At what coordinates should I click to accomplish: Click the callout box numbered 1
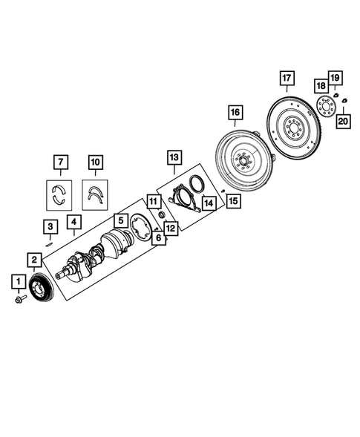[x=16, y=281]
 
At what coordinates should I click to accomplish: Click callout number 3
[x=50, y=226]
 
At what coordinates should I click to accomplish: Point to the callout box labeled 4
[x=73, y=221]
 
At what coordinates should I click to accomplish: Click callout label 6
[x=157, y=237]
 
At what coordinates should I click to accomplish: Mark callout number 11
[x=152, y=201]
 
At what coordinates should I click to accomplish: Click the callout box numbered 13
[x=172, y=157]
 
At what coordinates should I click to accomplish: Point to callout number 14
[x=209, y=203]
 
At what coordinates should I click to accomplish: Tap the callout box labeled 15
[x=233, y=200]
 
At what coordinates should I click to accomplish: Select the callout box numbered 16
[x=235, y=113]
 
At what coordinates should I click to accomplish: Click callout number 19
[x=336, y=78]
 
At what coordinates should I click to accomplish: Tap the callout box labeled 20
[x=344, y=121]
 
